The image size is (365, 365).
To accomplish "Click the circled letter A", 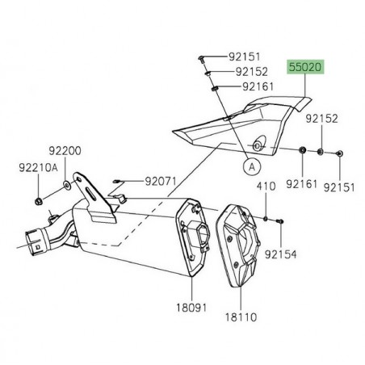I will coord(251,168).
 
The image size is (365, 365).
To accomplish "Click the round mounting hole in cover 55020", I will coord(258,145).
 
